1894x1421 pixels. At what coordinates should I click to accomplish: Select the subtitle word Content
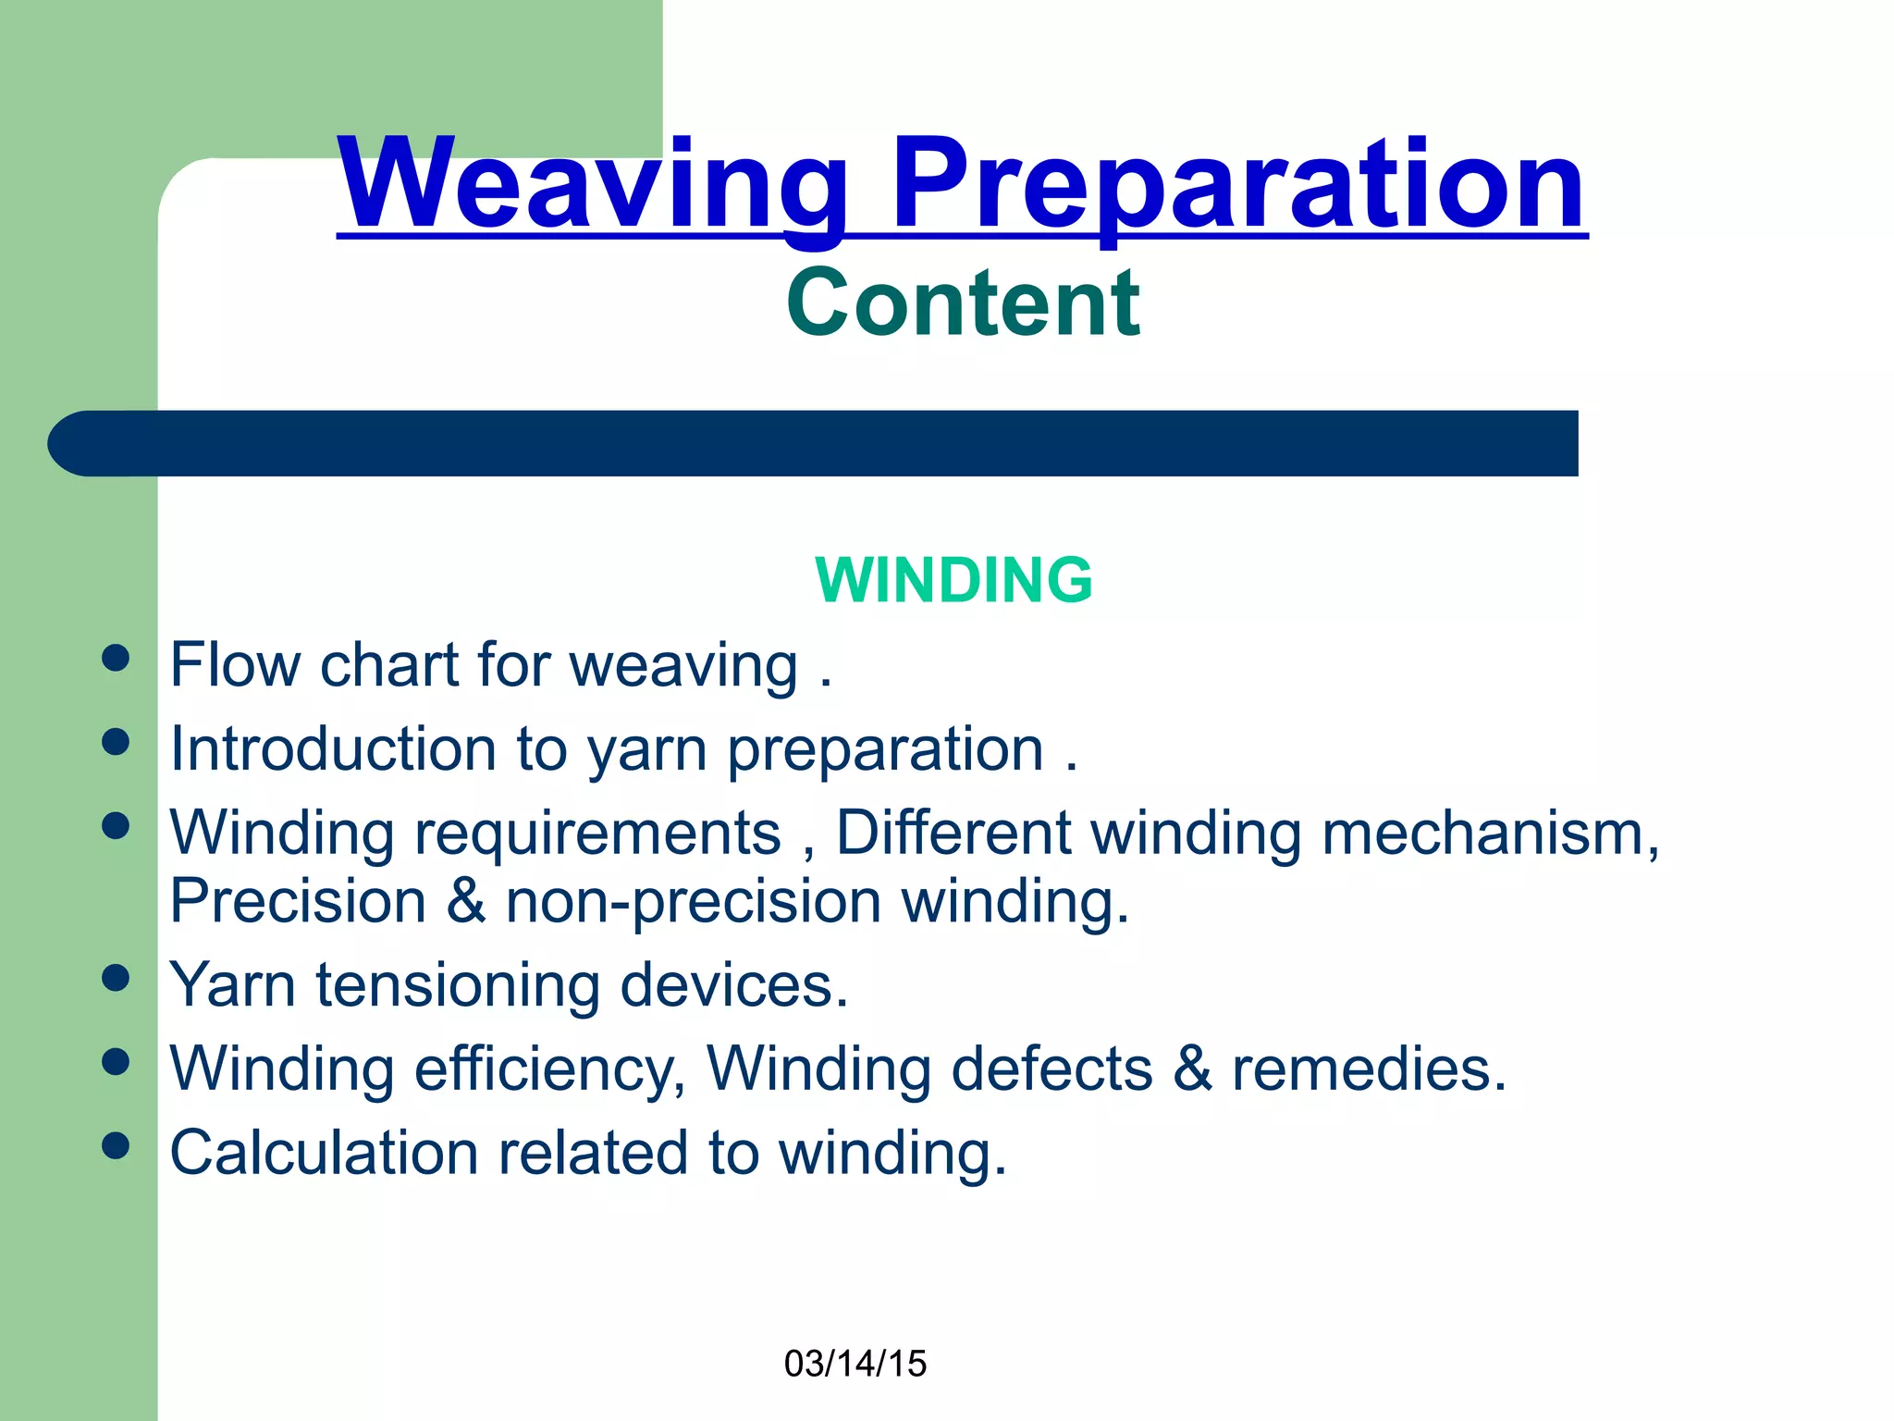point(962,303)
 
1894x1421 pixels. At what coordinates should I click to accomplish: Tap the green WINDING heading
point(953,580)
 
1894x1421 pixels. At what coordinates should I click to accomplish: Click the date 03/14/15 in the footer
point(855,1364)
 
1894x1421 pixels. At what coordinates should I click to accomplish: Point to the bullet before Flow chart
point(116,659)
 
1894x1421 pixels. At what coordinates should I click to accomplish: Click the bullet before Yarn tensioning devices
point(116,978)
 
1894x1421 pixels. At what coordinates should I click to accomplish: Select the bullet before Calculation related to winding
point(116,1145)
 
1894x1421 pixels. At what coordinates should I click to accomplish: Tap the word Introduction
point(334,748)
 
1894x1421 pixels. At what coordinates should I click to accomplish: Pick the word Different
point(953,832)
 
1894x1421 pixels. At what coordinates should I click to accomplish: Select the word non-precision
point(694,901)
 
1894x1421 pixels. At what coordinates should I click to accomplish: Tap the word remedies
point(1369,1069)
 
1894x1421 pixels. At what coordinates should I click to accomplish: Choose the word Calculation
point(324,1153)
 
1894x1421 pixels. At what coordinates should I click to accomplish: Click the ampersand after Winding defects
point(1192,1069)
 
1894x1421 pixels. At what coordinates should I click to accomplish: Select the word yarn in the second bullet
point(646,750)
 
